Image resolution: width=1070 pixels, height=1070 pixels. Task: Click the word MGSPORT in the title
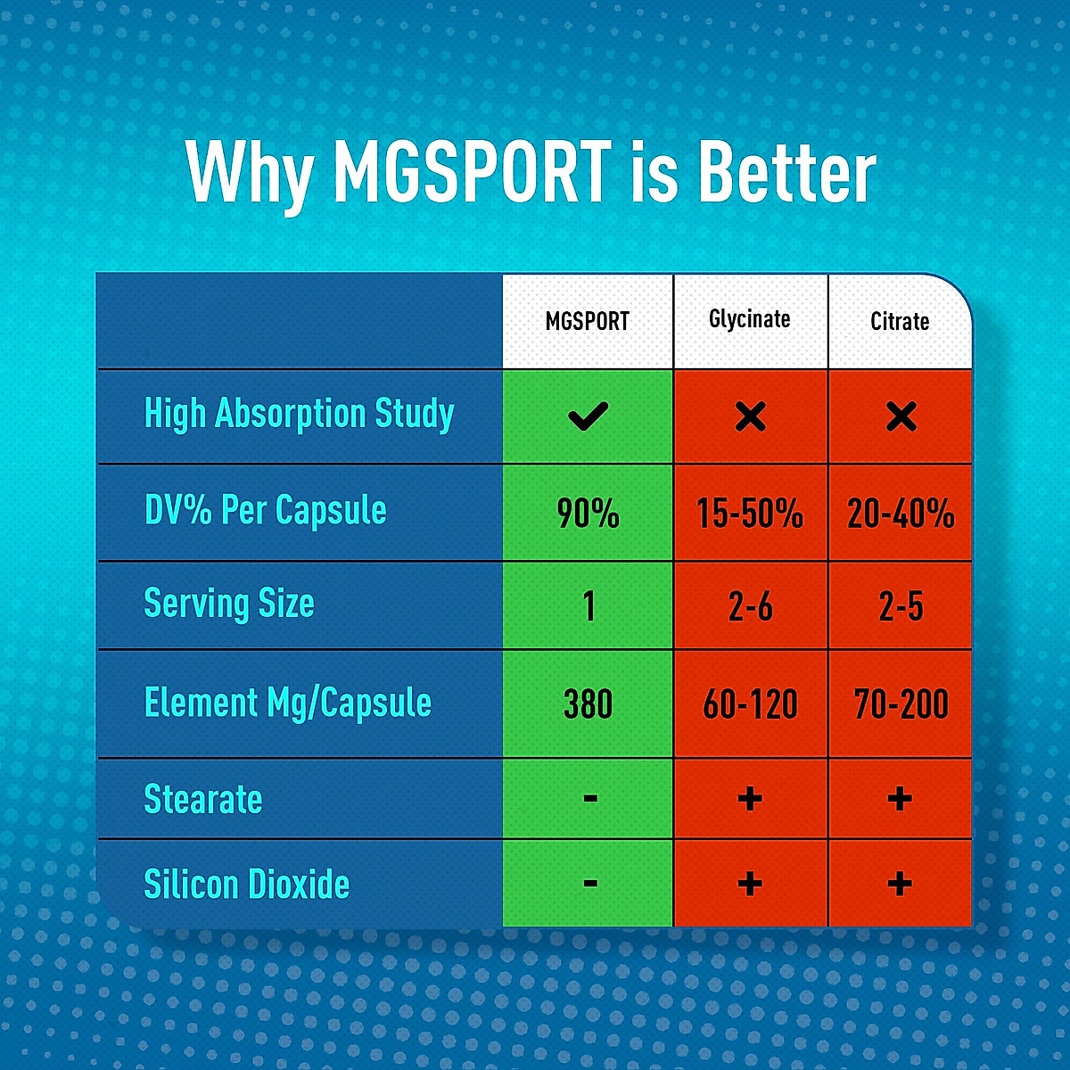click(473, 171)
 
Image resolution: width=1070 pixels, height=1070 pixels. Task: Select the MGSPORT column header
click(587, 321)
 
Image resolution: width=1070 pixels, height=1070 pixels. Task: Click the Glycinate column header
click(749, 319)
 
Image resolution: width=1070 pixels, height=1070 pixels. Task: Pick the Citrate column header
click(900, 321)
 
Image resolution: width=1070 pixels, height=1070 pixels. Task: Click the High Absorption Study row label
click(299, 415)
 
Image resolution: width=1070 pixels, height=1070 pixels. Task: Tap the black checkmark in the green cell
click(588, 416)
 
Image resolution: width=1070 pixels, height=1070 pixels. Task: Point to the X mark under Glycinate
click(750, 416)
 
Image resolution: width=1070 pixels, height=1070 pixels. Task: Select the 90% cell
click(588, 514)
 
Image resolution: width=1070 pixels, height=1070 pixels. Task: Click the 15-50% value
click(750, 514)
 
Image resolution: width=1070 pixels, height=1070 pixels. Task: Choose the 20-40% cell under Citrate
click(901, 514)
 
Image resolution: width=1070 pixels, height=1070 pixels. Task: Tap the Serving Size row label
click(229, 604)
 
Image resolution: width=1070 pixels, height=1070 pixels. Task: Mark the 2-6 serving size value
click(750, 607)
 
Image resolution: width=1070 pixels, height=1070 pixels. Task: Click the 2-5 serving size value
click(901, 607)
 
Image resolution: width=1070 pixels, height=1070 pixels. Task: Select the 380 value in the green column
click(588, 704)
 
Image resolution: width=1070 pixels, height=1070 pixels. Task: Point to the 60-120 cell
click(750, 704)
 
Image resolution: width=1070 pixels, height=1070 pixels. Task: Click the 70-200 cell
click(901, 704)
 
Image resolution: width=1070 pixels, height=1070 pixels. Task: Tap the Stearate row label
click(203, 799)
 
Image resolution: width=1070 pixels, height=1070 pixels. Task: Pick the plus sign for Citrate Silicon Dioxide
click(900, 884)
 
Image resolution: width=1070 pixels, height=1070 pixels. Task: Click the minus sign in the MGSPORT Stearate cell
click(589, 798)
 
